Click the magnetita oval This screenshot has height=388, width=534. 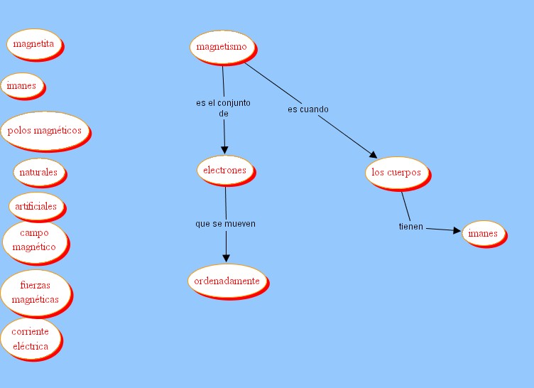point(34,44)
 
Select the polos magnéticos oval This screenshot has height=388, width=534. point(45,131)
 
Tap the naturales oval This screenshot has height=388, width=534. point(38,172)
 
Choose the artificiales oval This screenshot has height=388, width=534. point(36,206)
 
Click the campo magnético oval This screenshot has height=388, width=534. point(38,240)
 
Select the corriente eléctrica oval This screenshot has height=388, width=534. point(31,339)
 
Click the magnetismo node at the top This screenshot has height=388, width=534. point(222,47)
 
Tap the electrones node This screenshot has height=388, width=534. point(224,171)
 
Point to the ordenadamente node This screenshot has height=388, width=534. point(227,281)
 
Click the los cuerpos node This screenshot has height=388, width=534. point(396,173)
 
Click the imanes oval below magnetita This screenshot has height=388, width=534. point(21,86)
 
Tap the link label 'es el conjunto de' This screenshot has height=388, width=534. point(223,108)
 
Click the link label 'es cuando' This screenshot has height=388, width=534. point(307,109)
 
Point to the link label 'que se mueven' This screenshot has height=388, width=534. point(225,224)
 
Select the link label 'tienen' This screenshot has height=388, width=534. point(410,227)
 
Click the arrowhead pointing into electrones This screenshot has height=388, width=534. point(224,150)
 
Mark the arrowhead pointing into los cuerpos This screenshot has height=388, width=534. point(372,153)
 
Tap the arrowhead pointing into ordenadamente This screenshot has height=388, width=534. point(227,257)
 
